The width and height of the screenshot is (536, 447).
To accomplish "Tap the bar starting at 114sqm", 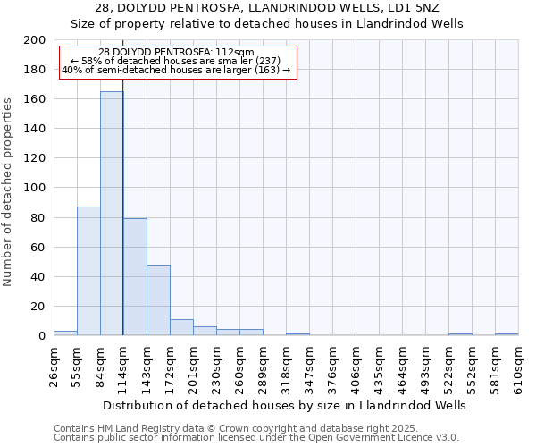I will point(135,277).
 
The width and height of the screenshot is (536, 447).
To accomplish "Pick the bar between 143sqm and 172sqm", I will point(158,300).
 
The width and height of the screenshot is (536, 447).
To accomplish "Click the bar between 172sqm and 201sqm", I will point(181,327).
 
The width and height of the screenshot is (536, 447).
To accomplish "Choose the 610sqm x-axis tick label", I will point(519,368).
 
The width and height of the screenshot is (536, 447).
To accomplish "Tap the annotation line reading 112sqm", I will point(176,53).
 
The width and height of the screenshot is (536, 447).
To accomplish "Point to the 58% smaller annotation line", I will point(176,61).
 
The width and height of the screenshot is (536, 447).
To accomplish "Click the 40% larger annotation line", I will point(176,70).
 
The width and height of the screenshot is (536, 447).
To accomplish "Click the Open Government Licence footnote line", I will point(256,437).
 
